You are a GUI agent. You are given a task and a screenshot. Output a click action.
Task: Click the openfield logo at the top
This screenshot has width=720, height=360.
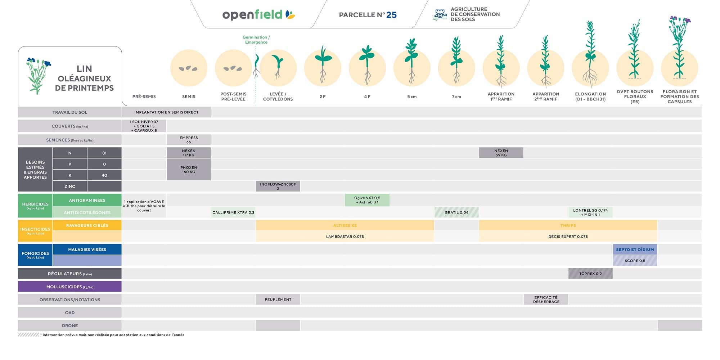click(258, 15)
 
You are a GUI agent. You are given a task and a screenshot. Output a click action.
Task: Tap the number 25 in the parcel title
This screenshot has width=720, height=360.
click(391, 15)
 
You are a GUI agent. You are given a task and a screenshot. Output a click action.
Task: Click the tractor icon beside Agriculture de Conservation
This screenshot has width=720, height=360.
click(440, 14)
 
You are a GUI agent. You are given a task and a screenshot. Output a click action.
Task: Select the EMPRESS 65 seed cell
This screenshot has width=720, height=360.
click(189, 140)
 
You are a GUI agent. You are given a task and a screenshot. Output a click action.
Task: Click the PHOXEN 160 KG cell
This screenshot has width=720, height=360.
click(189, 170)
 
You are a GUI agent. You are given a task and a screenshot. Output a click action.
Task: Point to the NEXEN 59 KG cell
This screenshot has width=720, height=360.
click(501, 153)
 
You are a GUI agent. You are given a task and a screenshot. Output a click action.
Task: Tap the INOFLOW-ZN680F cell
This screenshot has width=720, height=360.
click(278, 186)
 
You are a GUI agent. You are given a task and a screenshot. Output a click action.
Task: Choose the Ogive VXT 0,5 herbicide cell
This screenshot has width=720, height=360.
click(367, 200)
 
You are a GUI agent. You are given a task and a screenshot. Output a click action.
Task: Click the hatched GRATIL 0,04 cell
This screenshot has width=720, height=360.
click(456, 212)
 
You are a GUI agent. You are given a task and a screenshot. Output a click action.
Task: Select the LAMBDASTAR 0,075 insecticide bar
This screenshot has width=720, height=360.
click(345, 237)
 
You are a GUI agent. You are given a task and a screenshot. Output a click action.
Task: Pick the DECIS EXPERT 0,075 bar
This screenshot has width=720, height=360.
click(568, 237)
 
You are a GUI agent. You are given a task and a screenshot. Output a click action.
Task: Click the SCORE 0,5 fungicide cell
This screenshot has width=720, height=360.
click(635, 261)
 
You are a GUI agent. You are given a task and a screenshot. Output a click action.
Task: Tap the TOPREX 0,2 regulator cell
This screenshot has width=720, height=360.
click(590, 274)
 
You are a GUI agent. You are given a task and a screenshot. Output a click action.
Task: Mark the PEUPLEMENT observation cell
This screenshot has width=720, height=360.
click(278, 300)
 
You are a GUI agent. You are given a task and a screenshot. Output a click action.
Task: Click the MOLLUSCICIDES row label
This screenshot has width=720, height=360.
click(70, 287)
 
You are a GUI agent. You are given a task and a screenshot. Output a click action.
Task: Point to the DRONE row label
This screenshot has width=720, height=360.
click(70, 325)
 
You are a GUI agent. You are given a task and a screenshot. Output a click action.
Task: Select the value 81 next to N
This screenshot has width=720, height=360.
click(104, 153)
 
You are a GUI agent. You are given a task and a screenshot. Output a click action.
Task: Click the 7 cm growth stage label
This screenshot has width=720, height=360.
click(456, 96)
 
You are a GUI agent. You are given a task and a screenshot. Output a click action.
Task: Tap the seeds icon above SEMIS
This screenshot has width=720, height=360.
click(189, 68)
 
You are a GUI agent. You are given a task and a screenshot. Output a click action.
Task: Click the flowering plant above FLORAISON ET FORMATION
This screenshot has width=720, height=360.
click(679, 47)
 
